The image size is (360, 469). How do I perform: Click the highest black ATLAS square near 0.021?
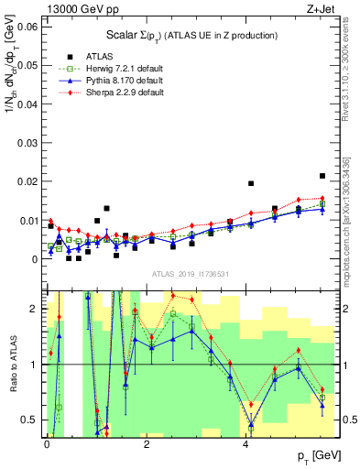click(x=322, y=176)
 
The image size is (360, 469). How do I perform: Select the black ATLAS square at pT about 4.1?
click(x=251, y=183)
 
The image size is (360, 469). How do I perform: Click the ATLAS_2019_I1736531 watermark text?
click(x=189, y=275)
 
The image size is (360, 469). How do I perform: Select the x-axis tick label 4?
click(x=245, y=443)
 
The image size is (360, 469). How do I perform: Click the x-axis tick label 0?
click(x=46, y=443)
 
